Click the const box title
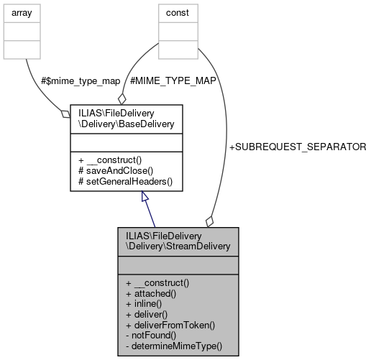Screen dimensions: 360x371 click(x=171, y=13)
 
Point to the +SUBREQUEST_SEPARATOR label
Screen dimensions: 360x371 click(x=297, y=147)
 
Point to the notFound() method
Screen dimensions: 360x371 click(x=154, y=335)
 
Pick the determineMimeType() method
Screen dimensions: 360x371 click(x=173, y=346)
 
